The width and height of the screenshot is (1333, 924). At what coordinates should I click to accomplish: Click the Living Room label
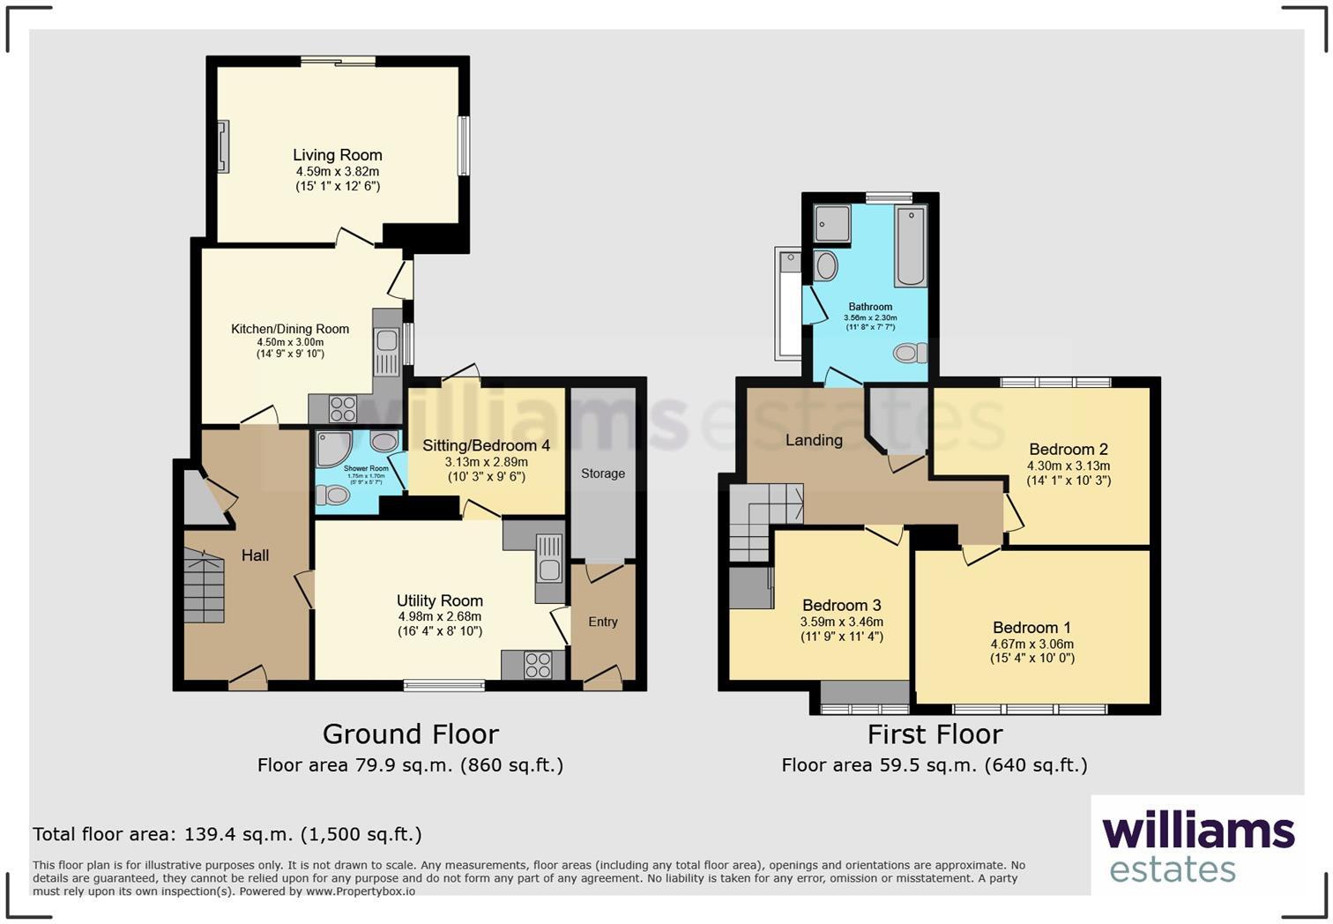[x=338, y=155]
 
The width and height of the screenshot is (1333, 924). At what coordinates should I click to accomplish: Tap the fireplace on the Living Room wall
[x=224, y=146]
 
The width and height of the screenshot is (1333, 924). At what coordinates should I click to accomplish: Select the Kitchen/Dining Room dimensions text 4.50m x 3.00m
[x=290, y=342]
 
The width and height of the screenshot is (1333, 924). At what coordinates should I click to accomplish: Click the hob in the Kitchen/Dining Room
[x=342, y=409]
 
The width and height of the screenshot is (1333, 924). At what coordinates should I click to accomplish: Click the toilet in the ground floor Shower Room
[x=333, y=496]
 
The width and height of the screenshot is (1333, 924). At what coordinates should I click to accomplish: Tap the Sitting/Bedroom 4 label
[x=486, y=445]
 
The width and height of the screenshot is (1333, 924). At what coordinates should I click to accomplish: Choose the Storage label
[x=603, y=473]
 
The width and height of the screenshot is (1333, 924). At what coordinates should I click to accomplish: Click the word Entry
[x=603, y=622]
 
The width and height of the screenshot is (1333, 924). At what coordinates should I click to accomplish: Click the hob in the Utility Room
[x=537, y=665]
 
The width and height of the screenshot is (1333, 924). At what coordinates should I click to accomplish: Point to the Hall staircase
[x=204, y=586]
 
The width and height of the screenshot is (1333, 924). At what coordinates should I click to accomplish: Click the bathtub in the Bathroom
[x=910, y=246]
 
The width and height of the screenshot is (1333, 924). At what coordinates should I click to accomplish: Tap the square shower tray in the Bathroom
[x=832, y=224]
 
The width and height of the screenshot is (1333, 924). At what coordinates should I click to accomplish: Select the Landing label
[x=814, y=440]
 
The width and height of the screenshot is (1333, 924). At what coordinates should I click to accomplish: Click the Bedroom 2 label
[x=1069, y=450]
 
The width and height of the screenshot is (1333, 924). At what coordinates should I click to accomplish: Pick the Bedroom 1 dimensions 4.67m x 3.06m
[x=1032, y=644]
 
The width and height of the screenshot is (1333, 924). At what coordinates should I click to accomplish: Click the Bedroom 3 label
[x=841, y=606]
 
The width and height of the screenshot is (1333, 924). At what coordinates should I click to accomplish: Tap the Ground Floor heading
[x=410, y=734]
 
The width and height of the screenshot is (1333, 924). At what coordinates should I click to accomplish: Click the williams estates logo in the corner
[x=1197, y=846]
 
